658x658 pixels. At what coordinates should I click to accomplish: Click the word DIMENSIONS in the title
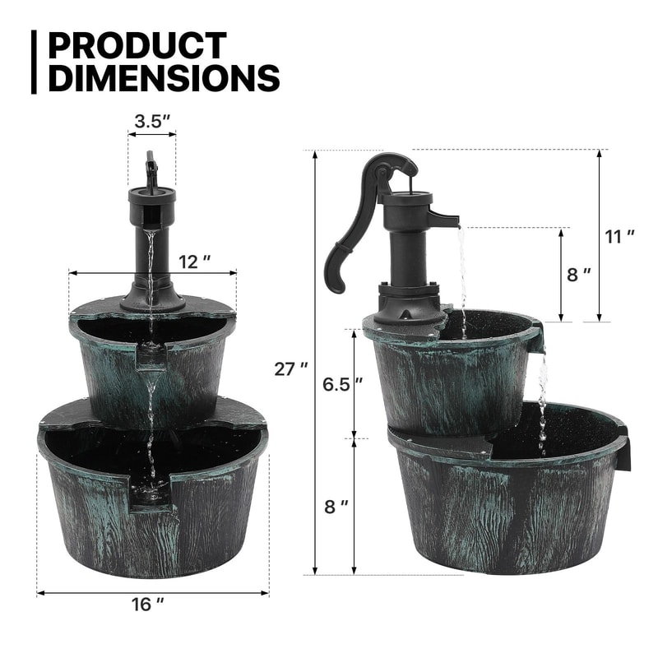click(164, 78)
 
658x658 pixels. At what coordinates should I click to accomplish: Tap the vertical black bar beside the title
click(35, 62)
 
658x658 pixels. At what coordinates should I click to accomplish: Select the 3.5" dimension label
click(152, 119)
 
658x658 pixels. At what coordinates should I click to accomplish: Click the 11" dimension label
click(619, 236)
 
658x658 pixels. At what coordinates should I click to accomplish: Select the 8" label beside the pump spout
click(579, 275)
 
